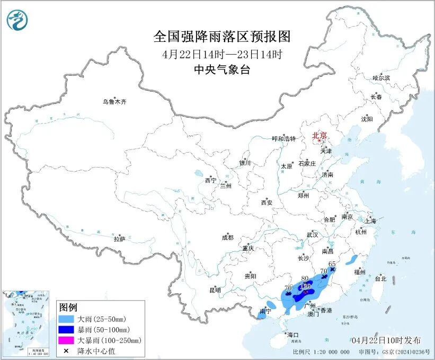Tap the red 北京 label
click(319, 135)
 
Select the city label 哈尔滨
click(380, 78)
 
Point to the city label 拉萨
click(119, 239)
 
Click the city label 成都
click(228, 238)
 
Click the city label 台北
click(380, 278)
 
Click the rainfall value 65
click(333, 264)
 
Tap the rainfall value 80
click(305, 278)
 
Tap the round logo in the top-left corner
click(17, 20)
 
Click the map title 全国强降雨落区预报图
click(222, 37)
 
